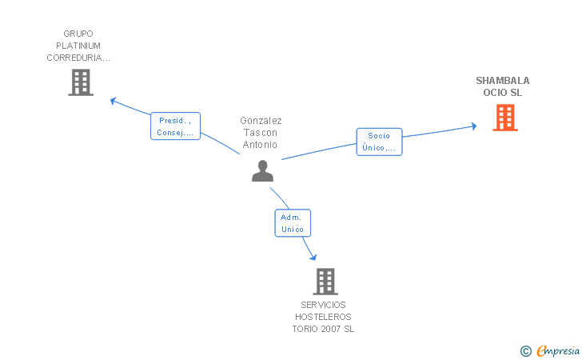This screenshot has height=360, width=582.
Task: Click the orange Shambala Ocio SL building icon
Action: (504, 118)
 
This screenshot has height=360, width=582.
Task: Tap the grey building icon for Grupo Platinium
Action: (81, 82)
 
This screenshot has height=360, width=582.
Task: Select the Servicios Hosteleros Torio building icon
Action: (325, 282)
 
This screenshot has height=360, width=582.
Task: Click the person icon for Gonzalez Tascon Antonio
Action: (262, 170)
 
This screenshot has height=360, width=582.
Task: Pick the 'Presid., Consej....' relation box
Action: (175, 126)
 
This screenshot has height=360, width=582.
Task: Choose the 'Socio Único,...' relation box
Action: (379, 142)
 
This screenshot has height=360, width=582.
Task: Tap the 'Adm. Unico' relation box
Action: (293, 223)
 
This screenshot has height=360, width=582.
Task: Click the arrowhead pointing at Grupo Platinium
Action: (114, 101)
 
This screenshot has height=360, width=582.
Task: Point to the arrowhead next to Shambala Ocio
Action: (473, 126)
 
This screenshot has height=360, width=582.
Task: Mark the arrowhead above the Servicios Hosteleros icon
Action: (313, 256)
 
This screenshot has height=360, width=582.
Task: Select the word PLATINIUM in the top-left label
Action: (78, 46)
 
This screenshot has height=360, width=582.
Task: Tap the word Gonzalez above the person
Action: (261, 121)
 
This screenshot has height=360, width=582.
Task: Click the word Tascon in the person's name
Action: (261, 133)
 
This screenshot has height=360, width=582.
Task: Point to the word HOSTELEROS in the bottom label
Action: (323, 317)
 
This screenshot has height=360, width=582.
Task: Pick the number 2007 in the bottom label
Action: (329, 329)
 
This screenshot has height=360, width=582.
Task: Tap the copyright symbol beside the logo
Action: (525, 350)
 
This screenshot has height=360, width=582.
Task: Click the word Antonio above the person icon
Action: (261, 145)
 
